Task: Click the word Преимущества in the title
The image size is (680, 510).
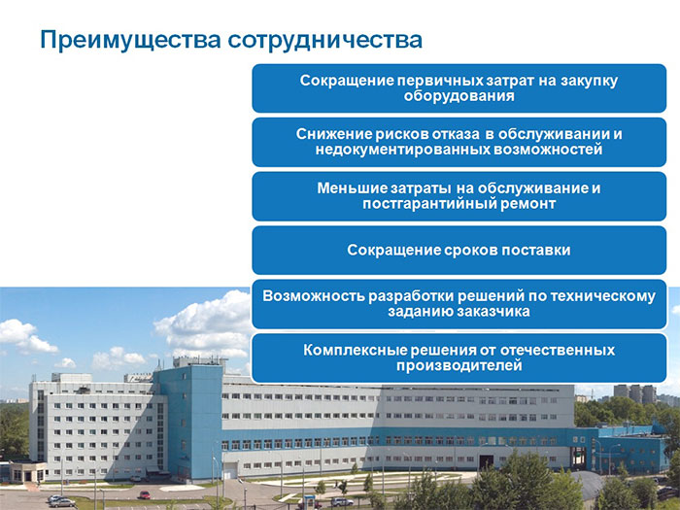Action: [130, 40]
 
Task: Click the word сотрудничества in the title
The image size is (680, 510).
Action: [324, 40]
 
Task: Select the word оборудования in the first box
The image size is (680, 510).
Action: [459, 96]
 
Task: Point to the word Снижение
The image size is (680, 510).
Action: [334, 134]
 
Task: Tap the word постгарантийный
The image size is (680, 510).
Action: [429, 204]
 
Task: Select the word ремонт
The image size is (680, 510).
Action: [527, 204]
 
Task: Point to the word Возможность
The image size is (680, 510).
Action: [313, 296]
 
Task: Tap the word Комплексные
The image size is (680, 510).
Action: [355, 351]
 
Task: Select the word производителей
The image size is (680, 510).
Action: [459, 366]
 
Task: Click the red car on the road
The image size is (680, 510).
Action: [144, 494]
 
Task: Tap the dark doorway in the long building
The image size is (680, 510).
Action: [486, 461]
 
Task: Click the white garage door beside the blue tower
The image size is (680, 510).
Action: [230, 471]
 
